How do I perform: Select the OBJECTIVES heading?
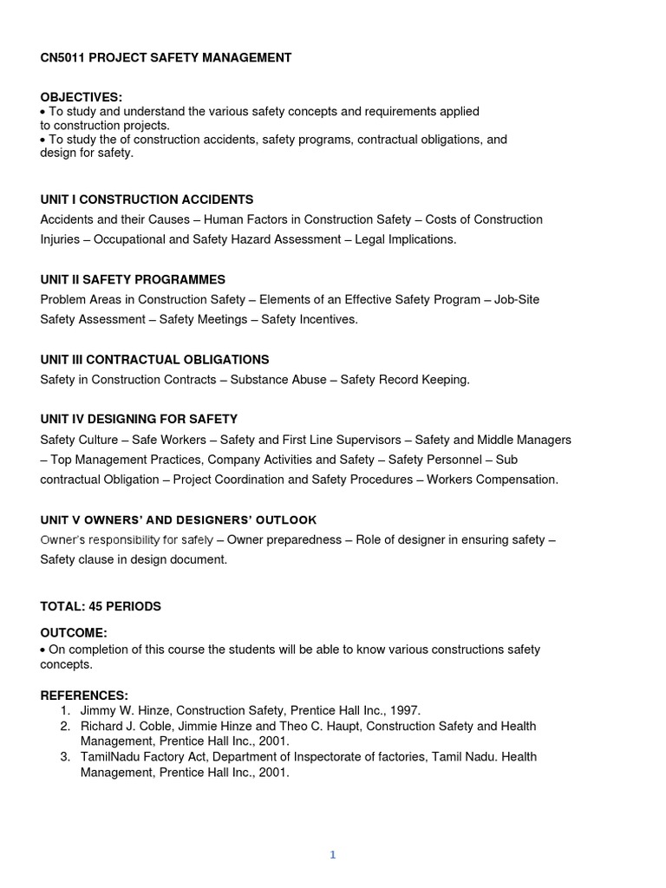(82, 97)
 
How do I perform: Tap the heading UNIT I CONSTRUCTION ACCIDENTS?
(147, 199)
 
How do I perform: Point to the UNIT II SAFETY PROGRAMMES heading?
(133, 279)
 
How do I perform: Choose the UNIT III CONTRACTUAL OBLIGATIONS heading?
(154, 359)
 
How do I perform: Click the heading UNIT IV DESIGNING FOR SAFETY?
(139, 419)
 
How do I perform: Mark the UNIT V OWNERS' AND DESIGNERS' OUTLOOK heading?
(178, 520)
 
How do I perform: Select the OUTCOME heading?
(74, 633)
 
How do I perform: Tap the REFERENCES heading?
(84, 695)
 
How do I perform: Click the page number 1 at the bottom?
(332, 855)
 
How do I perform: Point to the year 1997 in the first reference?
(403, 710)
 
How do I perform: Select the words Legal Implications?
(411, 239)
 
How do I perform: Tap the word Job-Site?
(517, 299)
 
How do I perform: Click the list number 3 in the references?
(65, 757)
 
